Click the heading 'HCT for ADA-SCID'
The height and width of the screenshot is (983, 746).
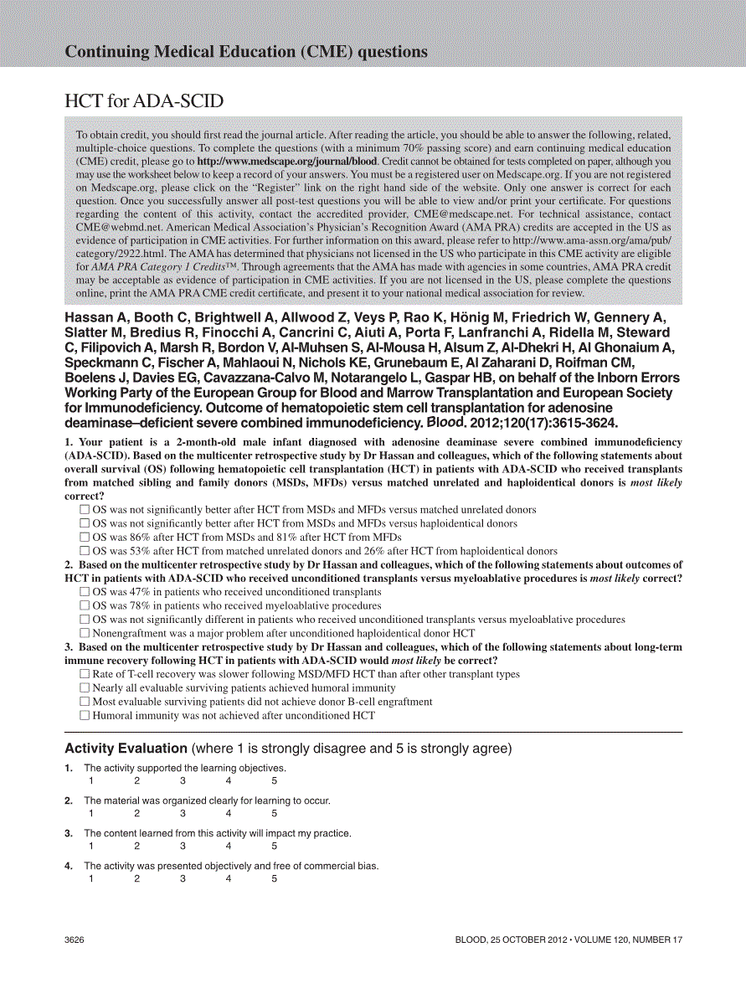pyautogui.click(x=144, y=101)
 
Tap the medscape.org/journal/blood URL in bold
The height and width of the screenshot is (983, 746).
pyautogui.click(x=287, y=162)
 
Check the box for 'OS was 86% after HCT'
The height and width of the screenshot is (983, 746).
pyautogui.click(x=85, y=538)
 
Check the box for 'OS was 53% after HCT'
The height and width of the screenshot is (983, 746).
pyautogui.click(x=85, y=551)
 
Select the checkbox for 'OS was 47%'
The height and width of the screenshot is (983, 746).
pyautogui.click(x=85, y=592)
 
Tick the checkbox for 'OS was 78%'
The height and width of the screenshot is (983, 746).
pyautogui.click(x=85, y=605)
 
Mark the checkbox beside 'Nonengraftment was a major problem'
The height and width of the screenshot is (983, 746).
pyautogui.click(x=85, y=633)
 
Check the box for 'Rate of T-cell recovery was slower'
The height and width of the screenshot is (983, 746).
pyautogui.click(x=85, y=674)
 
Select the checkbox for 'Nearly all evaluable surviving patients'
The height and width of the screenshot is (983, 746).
pyautogui.click(x=85, y=688)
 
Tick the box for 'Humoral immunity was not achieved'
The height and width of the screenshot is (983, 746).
pyautogui.click(x=85, y=716)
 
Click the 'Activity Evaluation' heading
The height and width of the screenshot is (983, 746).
pyautogui.click(x=126, y=749)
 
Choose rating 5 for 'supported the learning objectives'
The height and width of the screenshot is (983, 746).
pyautogui.click(x=274, y=780)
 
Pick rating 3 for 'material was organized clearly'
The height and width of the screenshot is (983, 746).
pyautogui.click(x=183, y=813)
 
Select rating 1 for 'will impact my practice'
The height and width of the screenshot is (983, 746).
pyautogui.click(x=91, y=846)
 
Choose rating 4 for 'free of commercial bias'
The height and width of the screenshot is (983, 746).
pyautogui.click(x=229, y=878)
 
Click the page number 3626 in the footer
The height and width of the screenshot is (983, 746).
pyautogui.click(x=74, y=940)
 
